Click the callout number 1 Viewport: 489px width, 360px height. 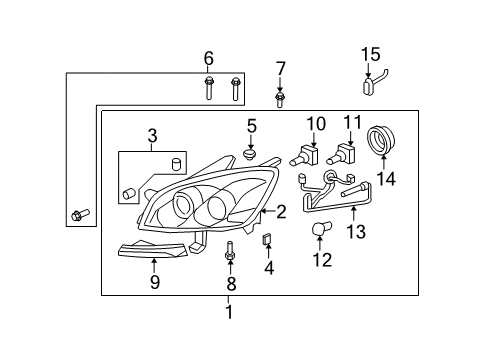tap(228, 313)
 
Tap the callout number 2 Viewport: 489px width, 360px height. tap(282, 211)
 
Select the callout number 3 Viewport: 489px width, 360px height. tap(152, 135)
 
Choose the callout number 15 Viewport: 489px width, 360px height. tap(370, 53)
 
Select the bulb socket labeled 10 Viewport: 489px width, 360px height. tap(307, 156)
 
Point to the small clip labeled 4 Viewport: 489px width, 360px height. tap(267, 240)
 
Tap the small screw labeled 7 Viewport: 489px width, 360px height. tap(281, 99)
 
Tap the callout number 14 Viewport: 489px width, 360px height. tap(387, 180)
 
